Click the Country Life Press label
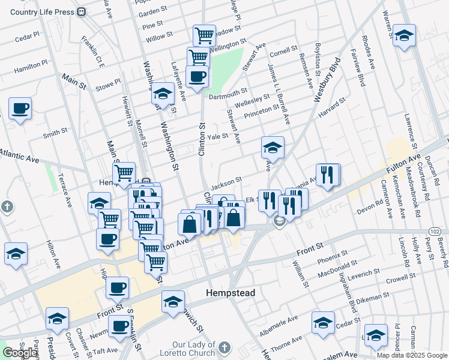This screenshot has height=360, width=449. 41,12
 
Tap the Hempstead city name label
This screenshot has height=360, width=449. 231,293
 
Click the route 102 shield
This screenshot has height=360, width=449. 435,231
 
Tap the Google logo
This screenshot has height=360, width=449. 20,353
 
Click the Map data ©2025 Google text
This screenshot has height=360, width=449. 412,355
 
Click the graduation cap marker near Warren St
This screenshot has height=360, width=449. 404,35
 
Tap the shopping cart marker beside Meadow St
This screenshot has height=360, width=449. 204,35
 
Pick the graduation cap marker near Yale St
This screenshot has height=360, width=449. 273,148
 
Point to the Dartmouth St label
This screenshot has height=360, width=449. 228,91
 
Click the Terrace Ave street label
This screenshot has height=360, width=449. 64,190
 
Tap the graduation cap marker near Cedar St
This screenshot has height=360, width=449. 323,323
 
